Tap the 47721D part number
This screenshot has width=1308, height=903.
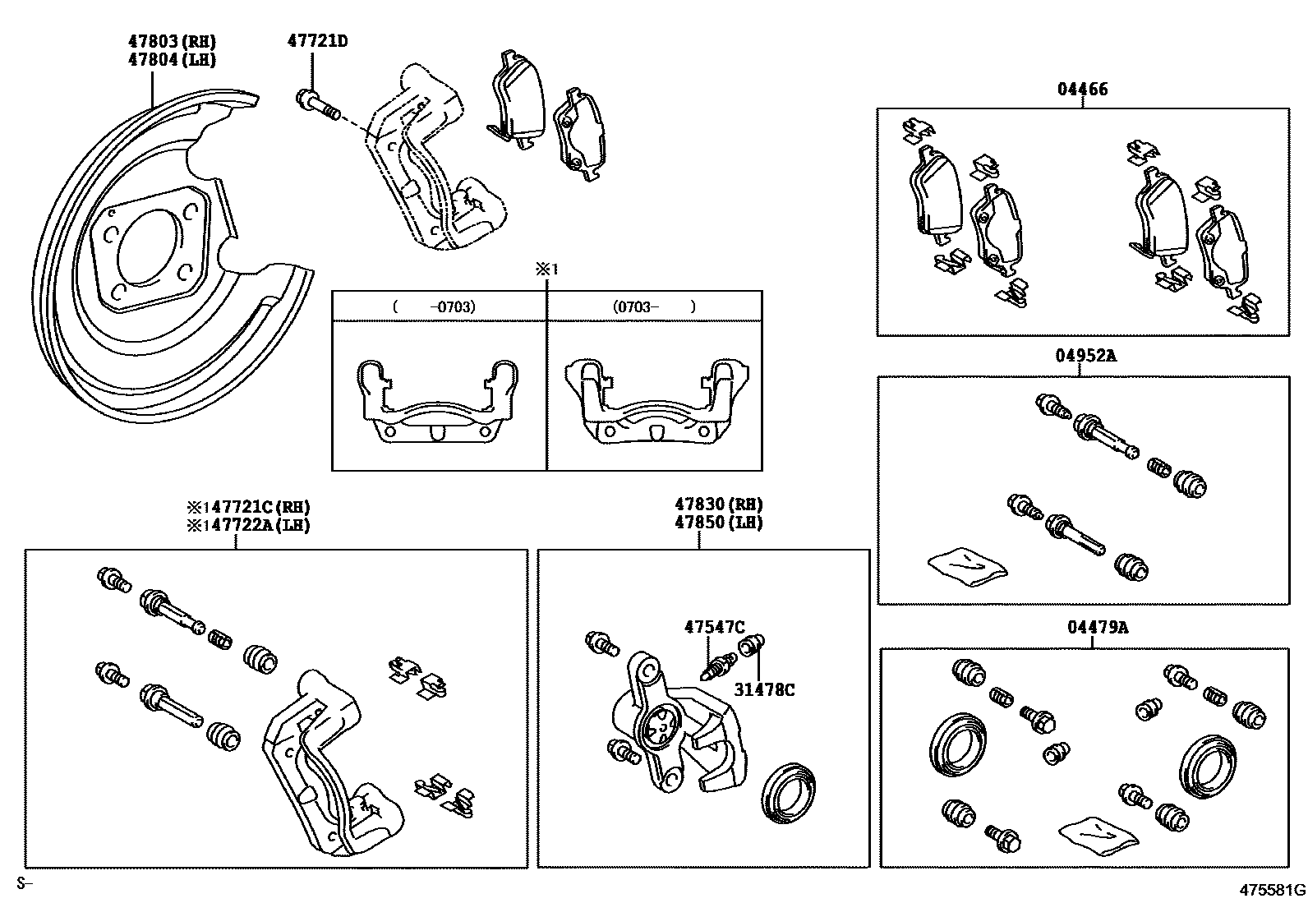317,40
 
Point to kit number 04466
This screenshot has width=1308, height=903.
1082,90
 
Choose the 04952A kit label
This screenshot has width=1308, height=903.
1085,356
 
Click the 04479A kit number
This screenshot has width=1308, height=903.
1097,628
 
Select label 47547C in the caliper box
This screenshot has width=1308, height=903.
714,628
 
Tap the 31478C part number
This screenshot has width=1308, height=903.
764,690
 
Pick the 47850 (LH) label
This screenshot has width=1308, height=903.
718,523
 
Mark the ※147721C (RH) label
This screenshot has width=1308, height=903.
247,507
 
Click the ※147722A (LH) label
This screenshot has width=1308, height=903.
247,525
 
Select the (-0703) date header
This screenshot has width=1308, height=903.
435,307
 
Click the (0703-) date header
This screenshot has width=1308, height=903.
654,307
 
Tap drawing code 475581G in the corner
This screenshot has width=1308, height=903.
1272,890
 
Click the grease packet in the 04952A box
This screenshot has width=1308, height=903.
967,564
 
